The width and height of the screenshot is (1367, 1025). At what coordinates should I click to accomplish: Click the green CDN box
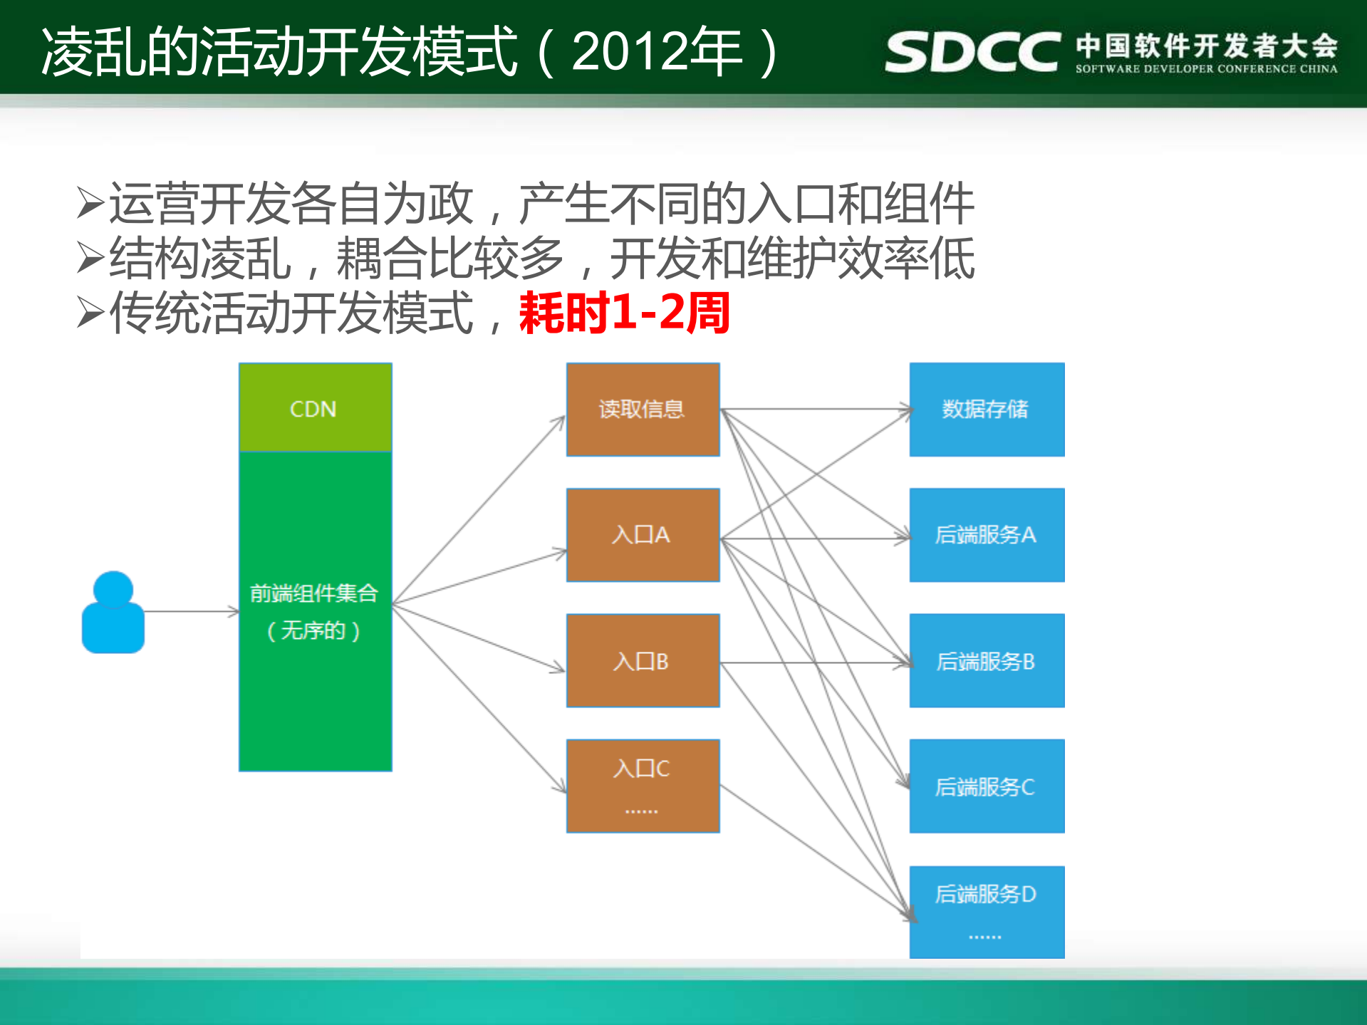coord(315,407)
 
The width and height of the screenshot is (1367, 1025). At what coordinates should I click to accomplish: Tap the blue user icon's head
coord(113,588)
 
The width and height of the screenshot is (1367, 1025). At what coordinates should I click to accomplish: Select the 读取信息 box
coord(643,410)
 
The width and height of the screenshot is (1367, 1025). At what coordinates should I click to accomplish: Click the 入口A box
coord(643,535)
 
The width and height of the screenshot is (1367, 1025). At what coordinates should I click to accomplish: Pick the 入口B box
coord(643,660)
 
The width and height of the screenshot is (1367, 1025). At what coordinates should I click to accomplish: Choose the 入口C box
coord(643,785)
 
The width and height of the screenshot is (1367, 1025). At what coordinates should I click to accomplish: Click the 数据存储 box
coord(987,410)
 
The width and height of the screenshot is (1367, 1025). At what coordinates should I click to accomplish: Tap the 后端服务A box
coord(987,535)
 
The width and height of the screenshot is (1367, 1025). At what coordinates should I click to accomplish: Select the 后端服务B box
coord(987,660)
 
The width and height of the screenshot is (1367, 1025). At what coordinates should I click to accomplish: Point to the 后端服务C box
coord(987,786)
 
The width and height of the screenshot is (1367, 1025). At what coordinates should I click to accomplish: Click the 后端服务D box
coord(987,911)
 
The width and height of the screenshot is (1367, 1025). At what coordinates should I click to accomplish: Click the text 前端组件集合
coord(314,593)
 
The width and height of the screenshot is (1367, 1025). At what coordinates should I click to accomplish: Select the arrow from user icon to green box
coord(191,611)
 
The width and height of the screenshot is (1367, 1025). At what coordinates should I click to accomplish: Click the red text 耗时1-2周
coord(624,313)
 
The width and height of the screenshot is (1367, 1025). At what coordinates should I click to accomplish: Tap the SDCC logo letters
coord(972,51)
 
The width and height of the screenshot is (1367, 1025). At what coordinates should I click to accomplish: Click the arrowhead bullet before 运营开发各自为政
coord(90,204)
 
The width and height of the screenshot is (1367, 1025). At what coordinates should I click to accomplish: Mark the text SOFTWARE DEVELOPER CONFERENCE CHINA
coord(1206,69)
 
